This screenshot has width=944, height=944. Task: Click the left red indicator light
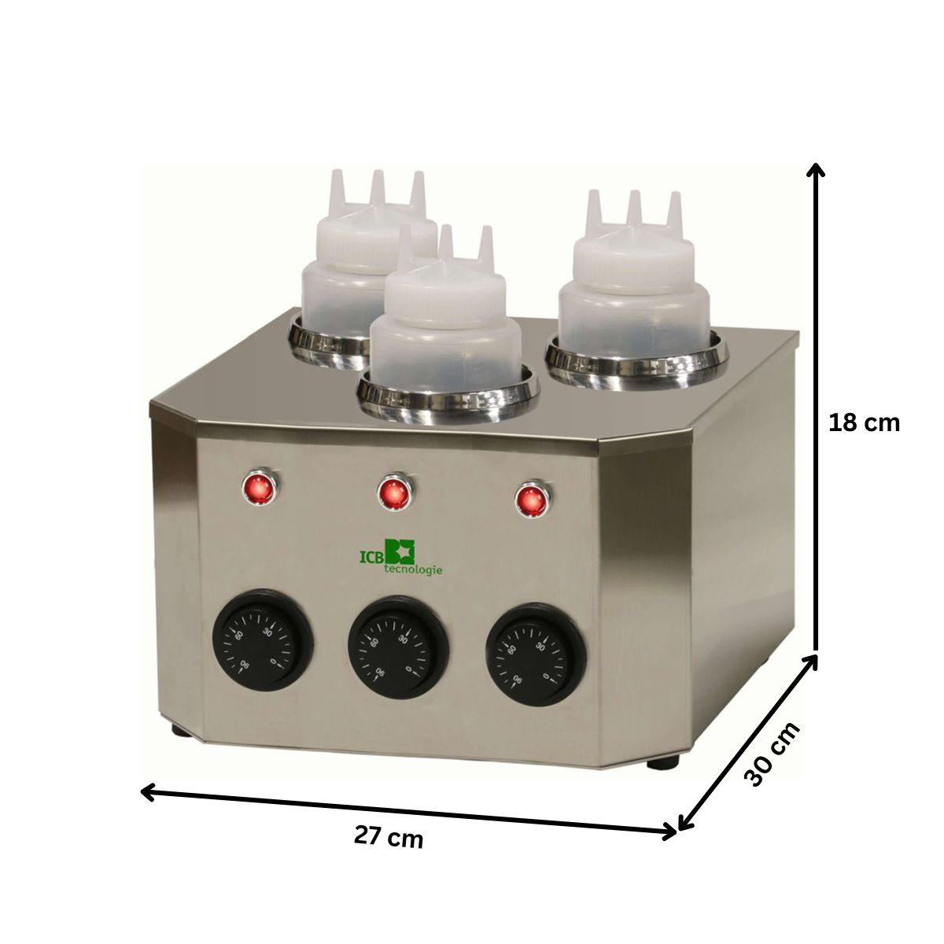point(258,489)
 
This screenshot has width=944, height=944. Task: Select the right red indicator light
point(531,500)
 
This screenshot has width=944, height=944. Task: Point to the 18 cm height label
point(864,422)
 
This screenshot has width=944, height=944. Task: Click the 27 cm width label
point(389,837)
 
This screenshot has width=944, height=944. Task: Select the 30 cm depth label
point(772,754)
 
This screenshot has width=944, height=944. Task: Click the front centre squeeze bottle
point(445,323)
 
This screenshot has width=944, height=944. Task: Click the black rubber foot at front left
point(182,731)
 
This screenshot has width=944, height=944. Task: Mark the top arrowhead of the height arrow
point(817,168)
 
